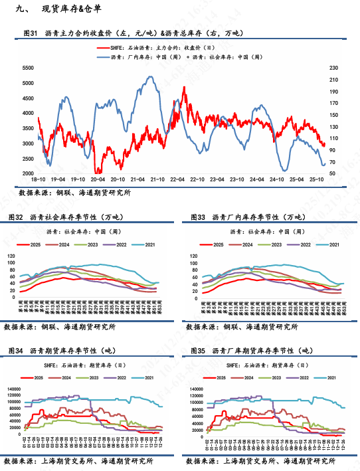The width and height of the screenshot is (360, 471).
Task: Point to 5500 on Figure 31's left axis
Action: pyautogui.click(x=28, y=68)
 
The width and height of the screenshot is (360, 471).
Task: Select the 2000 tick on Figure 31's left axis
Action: pyautogui.click(x=28, y=174)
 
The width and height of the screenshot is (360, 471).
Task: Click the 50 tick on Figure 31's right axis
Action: pyautogui.click(x=332, y=174)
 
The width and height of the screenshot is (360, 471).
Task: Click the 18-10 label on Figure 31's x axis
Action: pyautogui.click(x=39, y=180)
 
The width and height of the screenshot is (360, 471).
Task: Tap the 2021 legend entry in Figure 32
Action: pyautogui.click(x=163, y=245)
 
